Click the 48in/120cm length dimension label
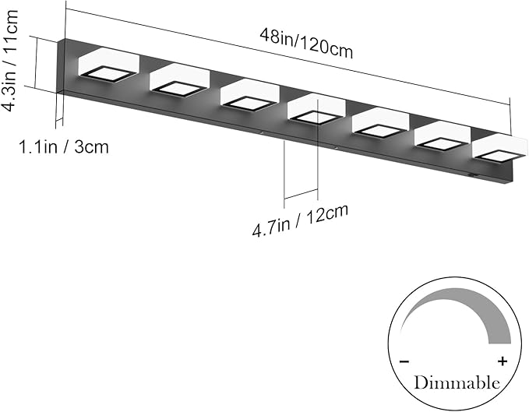(x=306, y=44)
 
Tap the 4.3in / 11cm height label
(x=10, y=60)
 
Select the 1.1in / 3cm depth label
(x=64, y=147)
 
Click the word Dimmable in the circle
(x=457, y=383)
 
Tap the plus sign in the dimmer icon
(x=503, y=361)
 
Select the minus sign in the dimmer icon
(x=404, y=361)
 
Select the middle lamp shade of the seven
(x=316, y=110)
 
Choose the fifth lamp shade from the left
(x=381, y=123)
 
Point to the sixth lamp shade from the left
(x=443, y=136)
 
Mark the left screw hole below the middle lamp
(x=261, y=133)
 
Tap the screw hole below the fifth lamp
(x=336, y=147)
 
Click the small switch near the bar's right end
(x=474, y=175)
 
